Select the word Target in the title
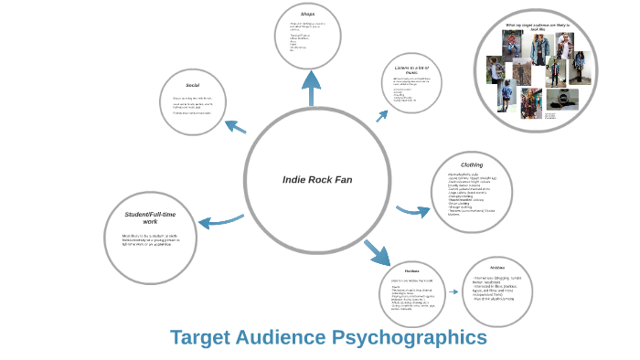point(200,337)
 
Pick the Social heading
point(193,85)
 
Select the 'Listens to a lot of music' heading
point(411,70)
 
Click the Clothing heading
point(472,164)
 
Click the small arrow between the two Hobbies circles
point(453,292)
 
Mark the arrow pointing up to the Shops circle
point(313,88)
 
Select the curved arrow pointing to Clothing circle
point(412,211)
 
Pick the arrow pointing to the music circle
point(381,115)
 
